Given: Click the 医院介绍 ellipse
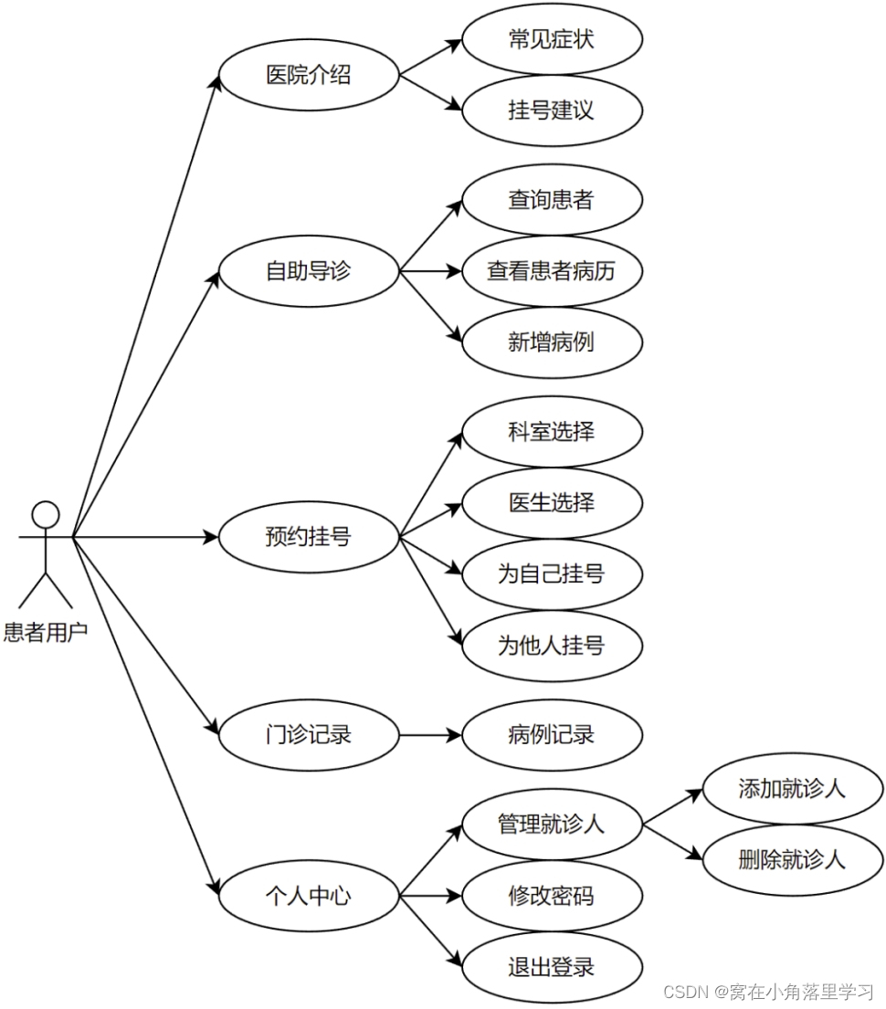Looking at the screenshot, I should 309,75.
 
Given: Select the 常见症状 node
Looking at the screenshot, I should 552,39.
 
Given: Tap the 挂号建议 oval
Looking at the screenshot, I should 552,110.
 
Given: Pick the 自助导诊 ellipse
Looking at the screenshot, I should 309,271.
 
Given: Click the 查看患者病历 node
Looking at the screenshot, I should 552,271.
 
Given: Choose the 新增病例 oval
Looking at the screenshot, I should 552,342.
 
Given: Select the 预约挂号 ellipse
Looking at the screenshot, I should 309,537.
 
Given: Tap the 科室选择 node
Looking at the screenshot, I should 552,430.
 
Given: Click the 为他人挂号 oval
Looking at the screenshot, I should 552,646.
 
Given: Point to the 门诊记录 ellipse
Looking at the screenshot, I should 309,734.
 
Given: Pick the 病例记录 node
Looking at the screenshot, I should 552,734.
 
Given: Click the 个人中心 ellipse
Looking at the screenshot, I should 309,896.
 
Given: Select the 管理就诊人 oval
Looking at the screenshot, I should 552,824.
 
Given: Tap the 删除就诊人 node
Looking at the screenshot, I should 792,859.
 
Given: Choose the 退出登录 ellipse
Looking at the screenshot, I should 552,967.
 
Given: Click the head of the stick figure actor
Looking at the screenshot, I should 45,515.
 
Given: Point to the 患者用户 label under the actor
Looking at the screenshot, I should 46,631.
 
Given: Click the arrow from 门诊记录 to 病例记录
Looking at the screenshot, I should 429,734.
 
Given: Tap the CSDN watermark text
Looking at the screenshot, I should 767,992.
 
